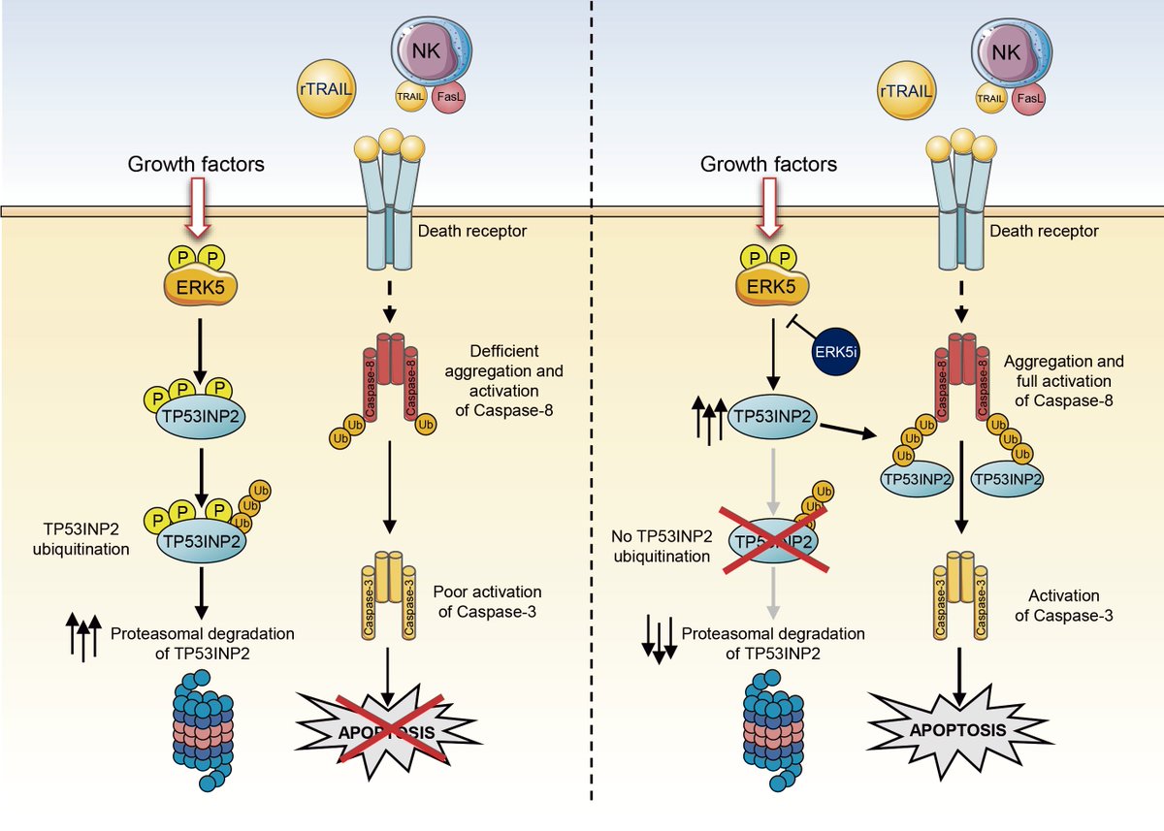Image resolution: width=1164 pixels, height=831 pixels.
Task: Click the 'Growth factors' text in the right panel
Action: click(768, 165)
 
